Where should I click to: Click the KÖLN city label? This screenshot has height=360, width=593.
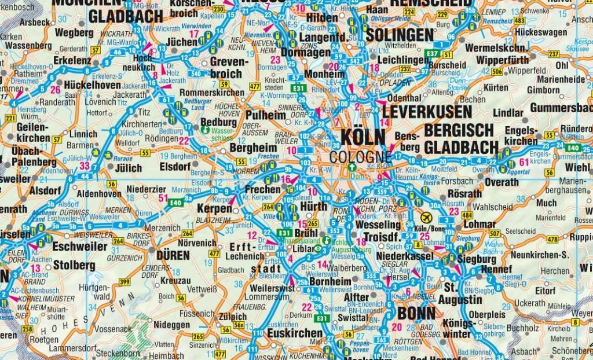pyautogui.click(x=363, y=137)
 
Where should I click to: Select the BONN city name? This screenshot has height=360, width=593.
pyautogui.click(x=417, y=313)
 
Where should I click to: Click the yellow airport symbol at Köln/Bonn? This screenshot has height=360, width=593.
pyautogui.click(x=427, y=216)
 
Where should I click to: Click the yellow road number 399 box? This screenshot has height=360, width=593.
pyautogui.click(x=125, y=282)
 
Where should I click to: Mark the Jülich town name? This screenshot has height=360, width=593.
pyautogui.click(x=128, y=168)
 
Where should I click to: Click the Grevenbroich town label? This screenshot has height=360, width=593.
pyautogui.click(x=226, y=67)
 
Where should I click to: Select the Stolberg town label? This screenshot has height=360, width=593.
pyautogui.click(x=74, y=266)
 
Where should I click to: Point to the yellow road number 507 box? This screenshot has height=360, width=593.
pyautogui.click(x=494, y=233)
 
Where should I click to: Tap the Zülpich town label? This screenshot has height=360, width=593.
pyautogui.click(x=232, y=317)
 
